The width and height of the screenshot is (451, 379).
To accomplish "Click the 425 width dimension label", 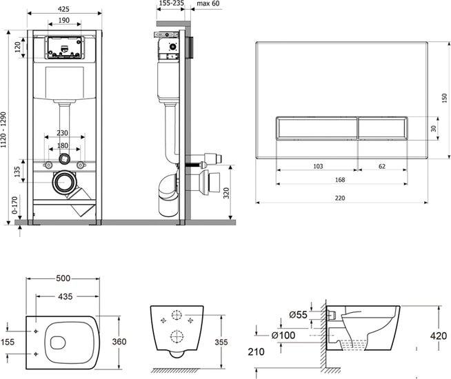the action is point(63,9).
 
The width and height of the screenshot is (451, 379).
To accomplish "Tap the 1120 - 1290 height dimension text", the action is point(3,130).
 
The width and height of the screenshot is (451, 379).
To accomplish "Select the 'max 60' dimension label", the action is point(208,3).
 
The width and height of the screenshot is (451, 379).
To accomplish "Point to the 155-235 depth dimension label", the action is point(172,3).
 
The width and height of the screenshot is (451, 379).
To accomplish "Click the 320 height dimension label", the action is point(226,193).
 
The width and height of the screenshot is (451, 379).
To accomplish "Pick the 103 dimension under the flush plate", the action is point(318,166).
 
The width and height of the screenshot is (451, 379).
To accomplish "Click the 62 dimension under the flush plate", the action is point(381,166).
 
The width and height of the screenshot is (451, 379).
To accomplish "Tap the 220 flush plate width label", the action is point(340,198).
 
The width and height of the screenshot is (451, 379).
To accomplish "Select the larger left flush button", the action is point(317,128).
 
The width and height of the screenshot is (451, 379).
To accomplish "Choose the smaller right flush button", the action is point(383,128).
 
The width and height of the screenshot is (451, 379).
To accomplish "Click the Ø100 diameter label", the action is point(283,335).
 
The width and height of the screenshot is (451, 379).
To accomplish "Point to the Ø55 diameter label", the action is point(299,315).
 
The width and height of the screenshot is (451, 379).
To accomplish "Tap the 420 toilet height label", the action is point(439,336).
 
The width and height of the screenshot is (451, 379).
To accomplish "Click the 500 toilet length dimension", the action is point(63,278).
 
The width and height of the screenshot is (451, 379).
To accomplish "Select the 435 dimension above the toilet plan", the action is point(66,296).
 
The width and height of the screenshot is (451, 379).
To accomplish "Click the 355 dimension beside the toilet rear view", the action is point(221,342).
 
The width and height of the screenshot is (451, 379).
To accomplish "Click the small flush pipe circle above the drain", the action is point(64,158).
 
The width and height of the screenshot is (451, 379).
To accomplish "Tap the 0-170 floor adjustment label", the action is point(14,205).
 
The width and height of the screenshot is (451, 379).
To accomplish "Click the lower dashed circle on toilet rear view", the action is point(177,336).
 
